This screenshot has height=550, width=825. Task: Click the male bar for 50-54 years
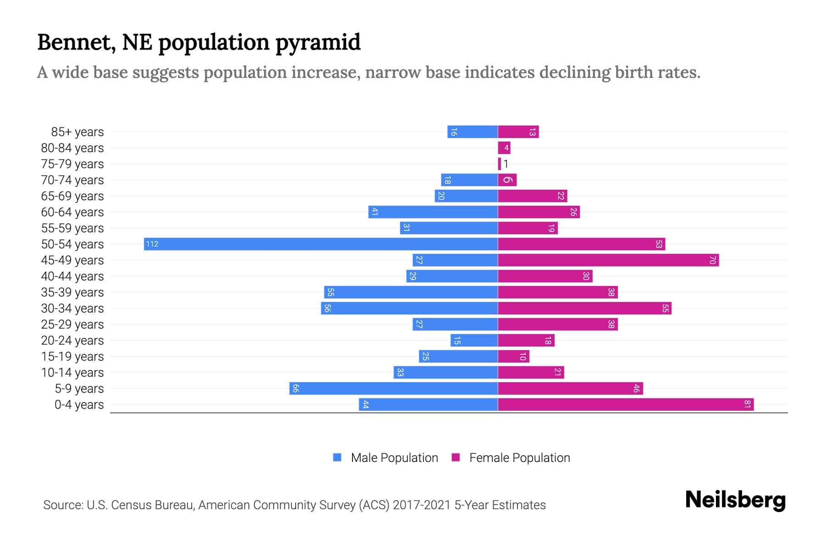point(321,244)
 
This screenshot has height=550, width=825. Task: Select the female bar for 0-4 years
point(626,404)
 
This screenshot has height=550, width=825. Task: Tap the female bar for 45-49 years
point(608,260)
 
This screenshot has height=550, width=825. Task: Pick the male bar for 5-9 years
point(393,388)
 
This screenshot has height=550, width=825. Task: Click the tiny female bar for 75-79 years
point(500,164)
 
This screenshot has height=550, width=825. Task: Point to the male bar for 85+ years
point(473,132)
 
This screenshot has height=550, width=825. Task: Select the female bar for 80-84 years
point(504,148)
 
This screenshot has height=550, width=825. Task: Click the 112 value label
point(152,244)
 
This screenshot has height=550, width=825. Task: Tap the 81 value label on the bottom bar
point(747,404)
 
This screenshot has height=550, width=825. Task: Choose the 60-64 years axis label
point(72,212)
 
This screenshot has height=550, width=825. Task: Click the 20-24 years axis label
point(72,341)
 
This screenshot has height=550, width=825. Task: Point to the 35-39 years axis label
point(72,292)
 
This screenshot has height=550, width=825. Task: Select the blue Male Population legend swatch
point(337,457)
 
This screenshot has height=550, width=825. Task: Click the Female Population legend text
point(519,458)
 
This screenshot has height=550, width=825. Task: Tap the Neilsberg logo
point(735,500)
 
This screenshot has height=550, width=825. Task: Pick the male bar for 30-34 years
point(409,308)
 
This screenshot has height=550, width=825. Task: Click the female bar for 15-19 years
point(513,356)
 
